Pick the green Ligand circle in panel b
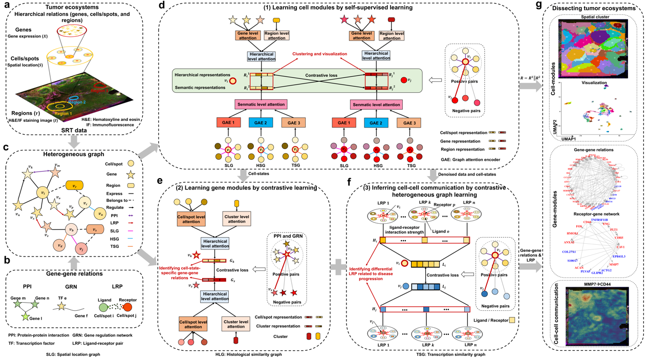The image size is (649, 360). point(103,308)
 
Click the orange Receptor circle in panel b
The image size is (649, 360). point(127,308)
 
